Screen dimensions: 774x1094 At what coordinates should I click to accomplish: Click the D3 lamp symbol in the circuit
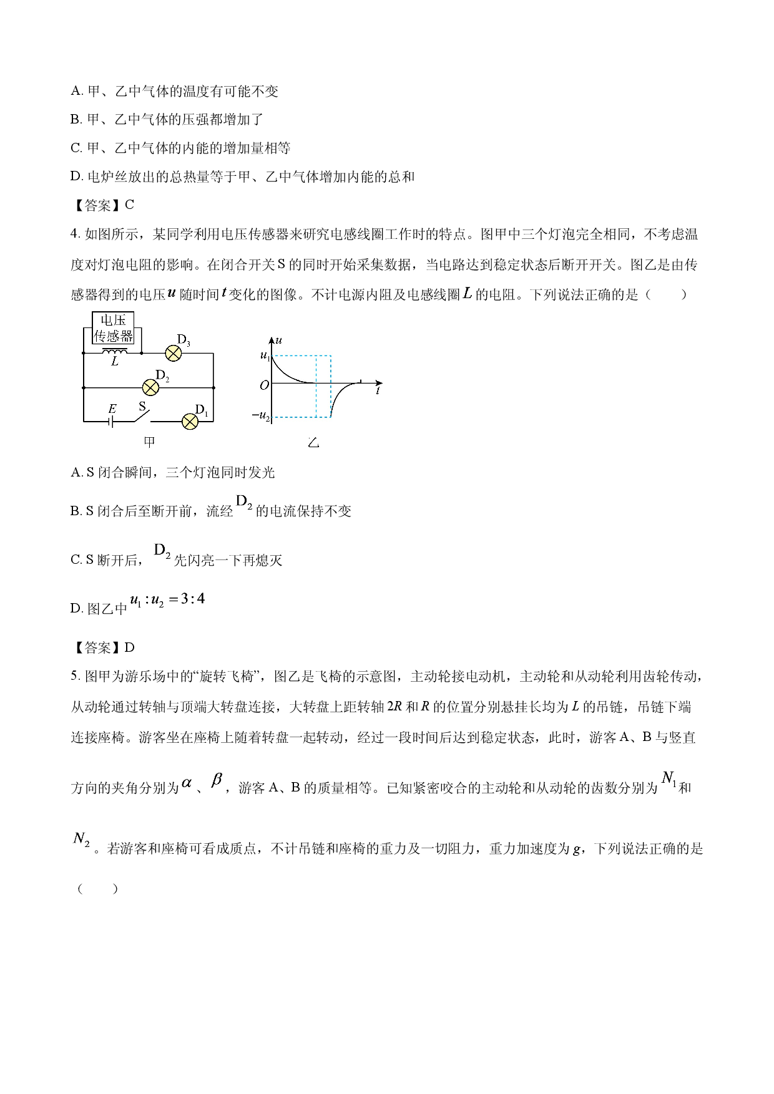173,354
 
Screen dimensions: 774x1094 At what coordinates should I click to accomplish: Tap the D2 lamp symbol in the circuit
150,387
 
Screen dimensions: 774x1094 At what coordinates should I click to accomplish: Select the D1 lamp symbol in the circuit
190,422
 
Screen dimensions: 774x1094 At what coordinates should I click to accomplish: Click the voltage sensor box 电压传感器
114,328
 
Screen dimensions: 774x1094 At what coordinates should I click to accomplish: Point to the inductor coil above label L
115,351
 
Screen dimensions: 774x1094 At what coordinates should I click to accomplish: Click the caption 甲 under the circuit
149,442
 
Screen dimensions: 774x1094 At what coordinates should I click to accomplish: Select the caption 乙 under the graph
313,443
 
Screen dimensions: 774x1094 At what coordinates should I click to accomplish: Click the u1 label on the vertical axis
265,356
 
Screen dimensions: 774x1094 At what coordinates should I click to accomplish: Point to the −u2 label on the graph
261,415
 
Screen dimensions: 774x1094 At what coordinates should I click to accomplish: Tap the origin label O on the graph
265,385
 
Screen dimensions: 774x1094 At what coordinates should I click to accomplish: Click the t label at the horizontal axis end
378,390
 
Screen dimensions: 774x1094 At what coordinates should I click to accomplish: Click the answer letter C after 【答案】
130,205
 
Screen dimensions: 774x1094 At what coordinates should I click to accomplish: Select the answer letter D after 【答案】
130,647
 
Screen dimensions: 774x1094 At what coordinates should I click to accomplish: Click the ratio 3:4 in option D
193,599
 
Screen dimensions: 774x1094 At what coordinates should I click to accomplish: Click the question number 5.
74,677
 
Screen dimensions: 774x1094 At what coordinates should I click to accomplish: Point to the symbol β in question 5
217,780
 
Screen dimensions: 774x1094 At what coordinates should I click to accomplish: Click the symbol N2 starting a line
82,840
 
